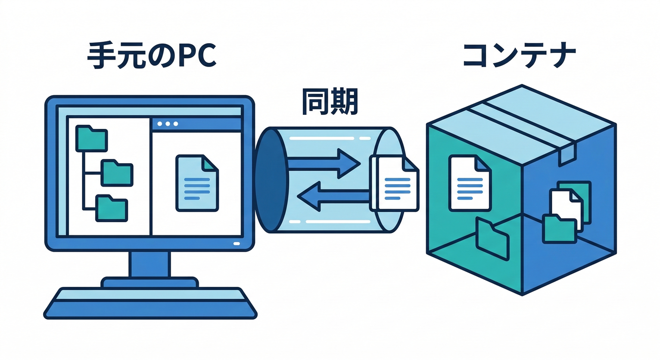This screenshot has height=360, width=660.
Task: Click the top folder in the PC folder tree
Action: tap(91, 138)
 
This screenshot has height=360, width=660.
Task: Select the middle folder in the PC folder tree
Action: tap(117, 172)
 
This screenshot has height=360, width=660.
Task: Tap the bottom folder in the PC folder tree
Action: tap(111, 209)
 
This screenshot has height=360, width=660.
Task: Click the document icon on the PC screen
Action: tap(197, 183)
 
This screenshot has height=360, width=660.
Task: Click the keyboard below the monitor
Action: tap(150, 302)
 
